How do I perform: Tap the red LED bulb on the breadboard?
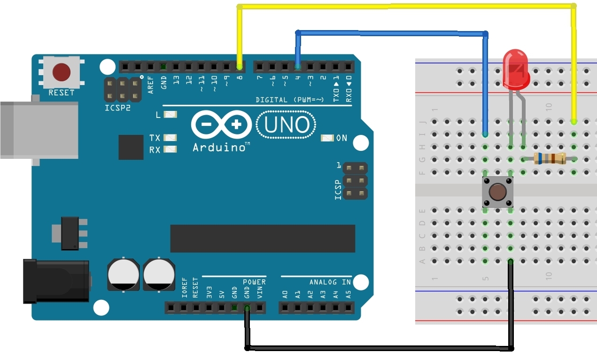coord(516,69)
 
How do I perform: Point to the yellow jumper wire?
coord(404,6)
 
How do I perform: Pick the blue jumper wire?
coord(390,33)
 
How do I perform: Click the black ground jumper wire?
coord(376,348)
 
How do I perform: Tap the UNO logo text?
coord(287,125)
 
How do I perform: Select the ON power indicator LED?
coord(327,138)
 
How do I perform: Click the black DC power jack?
coord(56,281)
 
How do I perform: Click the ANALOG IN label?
coord(330,282)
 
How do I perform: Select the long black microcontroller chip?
coord(263,238)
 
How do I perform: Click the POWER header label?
coord(254,282)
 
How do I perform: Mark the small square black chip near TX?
coord(131,147)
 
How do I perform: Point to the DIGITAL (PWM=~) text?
coord(290,100)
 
